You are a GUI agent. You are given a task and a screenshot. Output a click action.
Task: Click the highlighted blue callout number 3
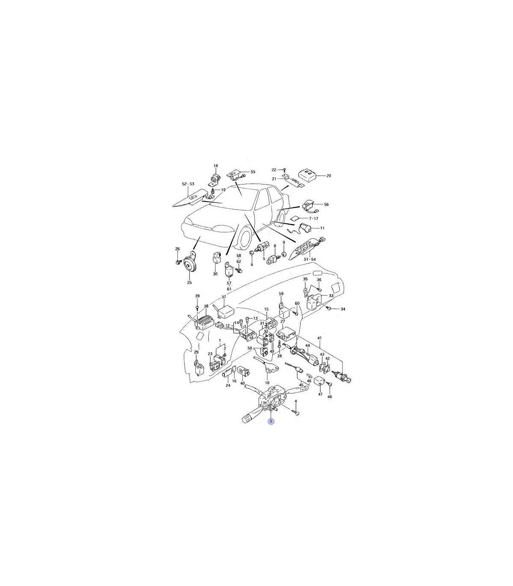pos(271,421)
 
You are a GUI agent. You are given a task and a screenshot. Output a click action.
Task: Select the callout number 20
pos(329,176)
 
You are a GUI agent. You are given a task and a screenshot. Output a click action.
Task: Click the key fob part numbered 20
pos(307,175)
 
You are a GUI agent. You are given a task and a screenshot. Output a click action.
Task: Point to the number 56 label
pos(326,205)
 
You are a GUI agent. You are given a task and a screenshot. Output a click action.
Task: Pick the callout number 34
pos(343,309)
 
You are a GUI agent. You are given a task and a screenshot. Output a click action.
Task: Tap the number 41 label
pos(319,338)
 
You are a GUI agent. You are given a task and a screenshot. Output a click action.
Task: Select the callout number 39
pos(197,296)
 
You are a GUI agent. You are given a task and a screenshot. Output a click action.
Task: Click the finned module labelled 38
pos(205,321)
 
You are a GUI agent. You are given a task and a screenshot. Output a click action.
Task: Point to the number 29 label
pos(196,352)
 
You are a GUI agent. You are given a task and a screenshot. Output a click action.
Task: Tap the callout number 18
pos(216,166)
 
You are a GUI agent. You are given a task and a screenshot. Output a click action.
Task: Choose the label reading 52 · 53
pos(188,184)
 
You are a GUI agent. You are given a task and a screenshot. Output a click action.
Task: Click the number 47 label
pos(320,394)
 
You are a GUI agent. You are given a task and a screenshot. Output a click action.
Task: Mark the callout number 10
pos(267,383)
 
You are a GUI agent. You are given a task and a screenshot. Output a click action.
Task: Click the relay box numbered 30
pos(216,259)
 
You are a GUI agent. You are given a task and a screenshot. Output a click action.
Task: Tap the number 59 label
pos(281,293)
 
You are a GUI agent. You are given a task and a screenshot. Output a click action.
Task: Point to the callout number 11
pos(322,228)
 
